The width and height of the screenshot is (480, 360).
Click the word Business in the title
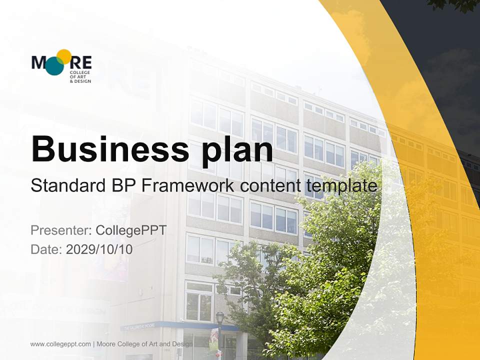point(102,148)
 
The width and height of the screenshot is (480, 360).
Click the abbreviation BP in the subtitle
point(121,186)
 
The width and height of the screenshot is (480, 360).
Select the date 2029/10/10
point(99,249)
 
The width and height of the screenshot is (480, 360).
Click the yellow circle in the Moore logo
point(63,56)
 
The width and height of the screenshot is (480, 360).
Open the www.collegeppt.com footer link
point(60,344)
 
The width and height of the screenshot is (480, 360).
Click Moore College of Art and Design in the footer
point(144,344)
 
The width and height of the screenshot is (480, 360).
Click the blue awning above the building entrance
point(180,325)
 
